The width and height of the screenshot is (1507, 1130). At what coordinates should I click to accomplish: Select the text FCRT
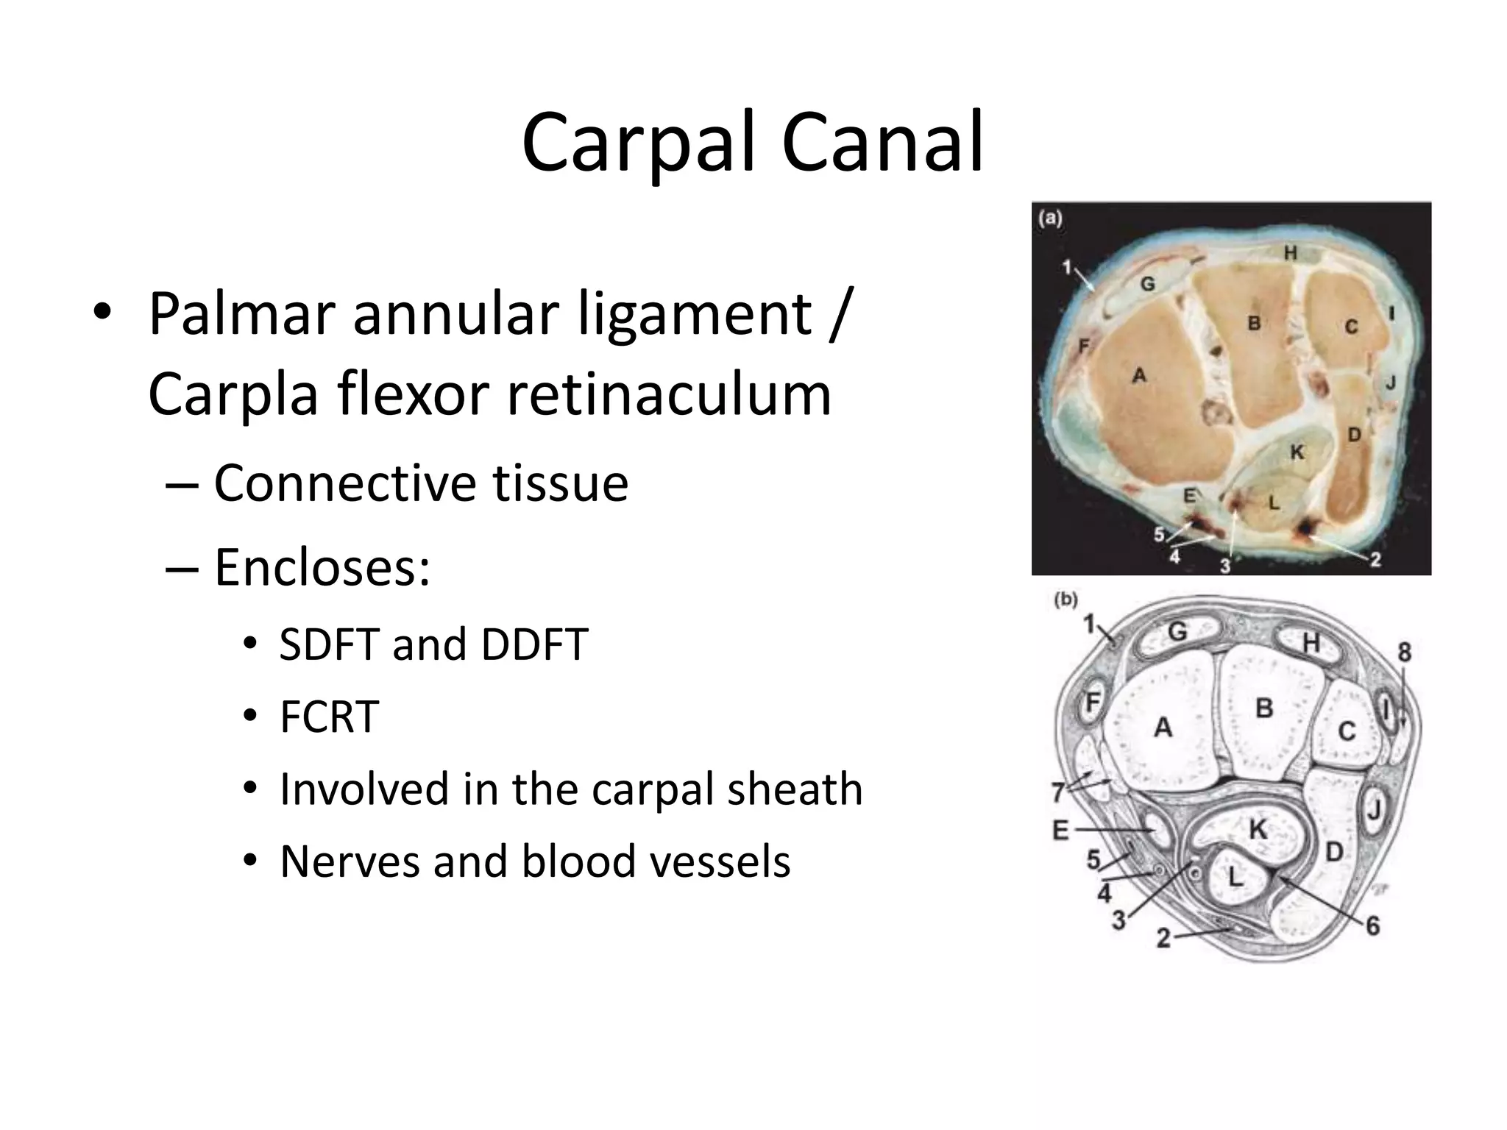point(329,716)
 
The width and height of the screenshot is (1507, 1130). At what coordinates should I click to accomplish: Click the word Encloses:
point(322,568)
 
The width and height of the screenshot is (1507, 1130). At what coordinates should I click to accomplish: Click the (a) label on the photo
point(1050,218)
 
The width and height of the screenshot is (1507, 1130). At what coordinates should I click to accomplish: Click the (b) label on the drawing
point(1066,600)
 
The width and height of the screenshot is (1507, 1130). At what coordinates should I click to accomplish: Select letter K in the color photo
point(1297,452)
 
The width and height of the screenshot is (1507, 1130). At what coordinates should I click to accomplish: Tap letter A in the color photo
point(1139,375)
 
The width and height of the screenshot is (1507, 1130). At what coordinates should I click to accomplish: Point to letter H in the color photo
point(1291,254)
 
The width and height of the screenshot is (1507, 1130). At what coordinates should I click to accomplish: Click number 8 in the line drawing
point(1404,652)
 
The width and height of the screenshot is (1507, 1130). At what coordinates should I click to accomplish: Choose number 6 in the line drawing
point(1372,925)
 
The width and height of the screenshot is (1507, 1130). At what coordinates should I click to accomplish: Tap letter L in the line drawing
point(1235,876)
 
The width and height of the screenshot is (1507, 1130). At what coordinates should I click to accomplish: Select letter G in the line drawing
point(1177,631)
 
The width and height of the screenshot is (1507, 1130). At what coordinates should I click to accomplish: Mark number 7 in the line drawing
point(1058,792)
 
